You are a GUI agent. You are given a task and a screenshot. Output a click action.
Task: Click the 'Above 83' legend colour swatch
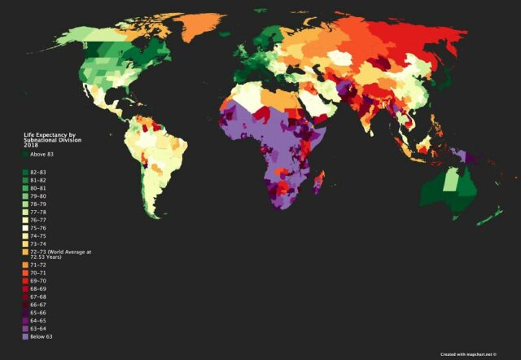[24, 154]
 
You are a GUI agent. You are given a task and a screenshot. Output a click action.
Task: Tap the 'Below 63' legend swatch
[24, 336]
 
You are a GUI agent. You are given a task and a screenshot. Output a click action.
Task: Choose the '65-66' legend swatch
[24, 312]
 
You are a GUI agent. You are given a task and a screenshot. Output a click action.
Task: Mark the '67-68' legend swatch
[24, 296]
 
